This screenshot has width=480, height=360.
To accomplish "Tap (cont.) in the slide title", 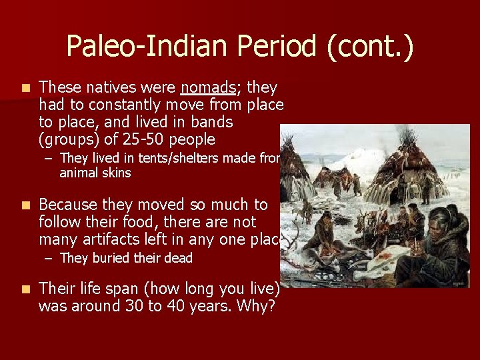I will tap(371, 46).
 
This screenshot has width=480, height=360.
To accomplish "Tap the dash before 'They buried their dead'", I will tap(50, 258).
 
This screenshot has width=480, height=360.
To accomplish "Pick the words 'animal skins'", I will tap(95, 173).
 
